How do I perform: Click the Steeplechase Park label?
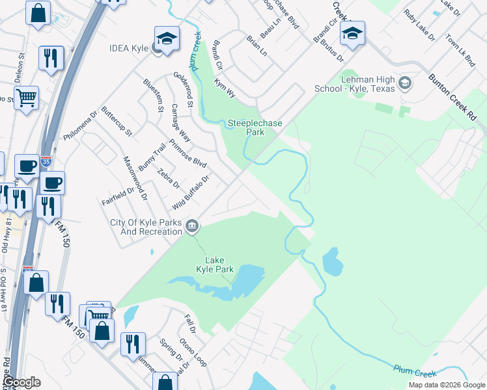[245, 127]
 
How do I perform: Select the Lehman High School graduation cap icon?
[405, 83]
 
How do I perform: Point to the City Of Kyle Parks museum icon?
[192, 226]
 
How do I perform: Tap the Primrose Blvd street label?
[187, 153]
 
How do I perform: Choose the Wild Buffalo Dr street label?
[191, 192]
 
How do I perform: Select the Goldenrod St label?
[183, 90]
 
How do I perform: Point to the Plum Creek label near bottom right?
[415, 371]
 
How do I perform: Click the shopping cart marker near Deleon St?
[27, 99]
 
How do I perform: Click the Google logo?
[22, 382]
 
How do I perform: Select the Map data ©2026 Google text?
[446, 385]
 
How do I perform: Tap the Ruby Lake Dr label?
[419, 25]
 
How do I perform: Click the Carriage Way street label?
[180, 123]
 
